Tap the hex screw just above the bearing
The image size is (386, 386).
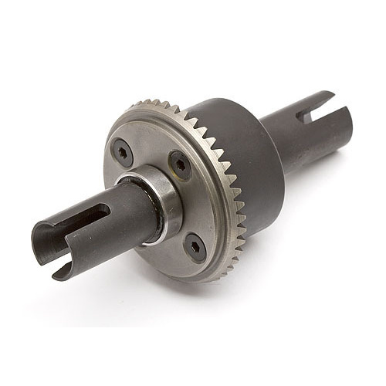pos(180,164)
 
